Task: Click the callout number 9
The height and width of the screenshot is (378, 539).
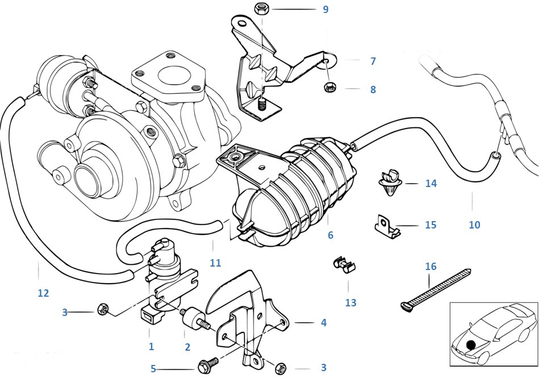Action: [x=325, y=10]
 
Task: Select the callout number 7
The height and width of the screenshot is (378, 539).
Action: [x=373, y=61]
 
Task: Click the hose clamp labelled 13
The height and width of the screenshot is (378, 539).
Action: [x=344, y=264]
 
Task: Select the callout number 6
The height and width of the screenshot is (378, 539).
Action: [x=330, y=235]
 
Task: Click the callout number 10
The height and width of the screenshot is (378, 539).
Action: [x=474, y=225]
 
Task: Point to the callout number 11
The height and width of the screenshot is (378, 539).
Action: [x=215, y=263]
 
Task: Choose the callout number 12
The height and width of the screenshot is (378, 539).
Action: [x=43, y=293]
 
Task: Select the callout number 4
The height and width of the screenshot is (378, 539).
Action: [x=323, y=323]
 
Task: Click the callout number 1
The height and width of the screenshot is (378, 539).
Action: [x=151, y=346]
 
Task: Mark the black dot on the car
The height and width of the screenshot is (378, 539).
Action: [x=470, y=344]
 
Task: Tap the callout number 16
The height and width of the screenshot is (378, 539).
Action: [x=431, y=266]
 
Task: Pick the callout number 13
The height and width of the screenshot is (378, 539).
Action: [x=351, y=303]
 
